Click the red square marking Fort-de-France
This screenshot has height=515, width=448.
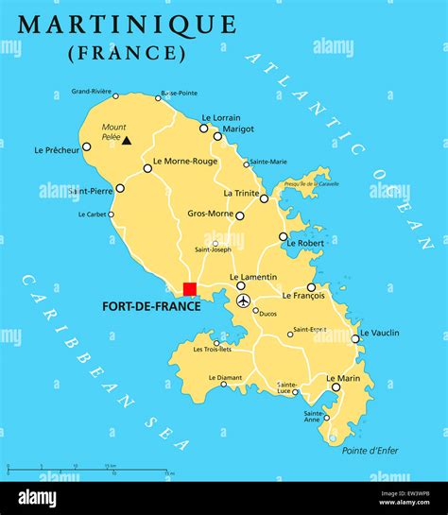190,289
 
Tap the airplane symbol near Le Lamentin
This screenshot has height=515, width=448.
243,300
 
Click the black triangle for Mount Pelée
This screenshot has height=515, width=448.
127,140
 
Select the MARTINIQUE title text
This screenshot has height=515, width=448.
128,23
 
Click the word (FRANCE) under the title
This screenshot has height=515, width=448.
128,52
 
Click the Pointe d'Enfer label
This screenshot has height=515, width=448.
368,450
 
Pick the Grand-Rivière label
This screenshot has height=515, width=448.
92,92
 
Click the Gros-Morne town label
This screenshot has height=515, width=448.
210,214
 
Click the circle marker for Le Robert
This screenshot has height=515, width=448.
283,236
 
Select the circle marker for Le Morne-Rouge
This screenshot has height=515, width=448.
147,168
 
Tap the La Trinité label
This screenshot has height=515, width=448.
241,193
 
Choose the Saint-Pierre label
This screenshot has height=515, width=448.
89,192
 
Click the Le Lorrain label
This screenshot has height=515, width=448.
220,117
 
